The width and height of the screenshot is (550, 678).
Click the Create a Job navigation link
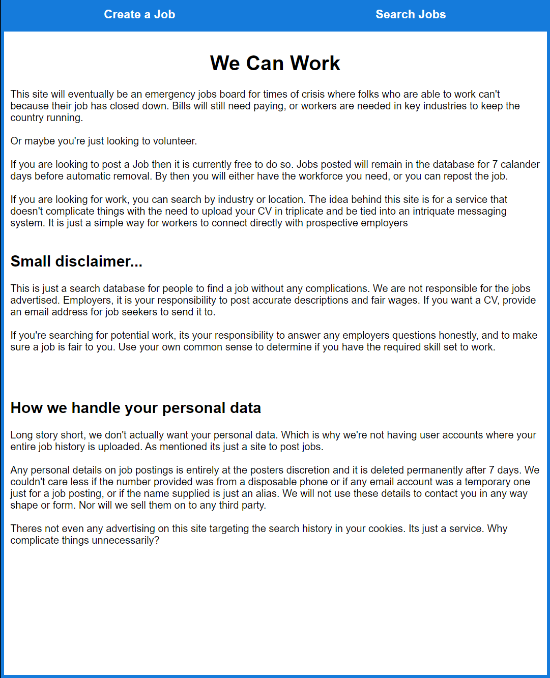(139, 14)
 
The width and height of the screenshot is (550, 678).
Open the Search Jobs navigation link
(411, 14)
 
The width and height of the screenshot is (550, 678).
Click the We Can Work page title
(275, 63)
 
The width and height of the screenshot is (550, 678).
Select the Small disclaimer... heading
(76, 261)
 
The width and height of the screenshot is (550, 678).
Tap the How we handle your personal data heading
(136, 408)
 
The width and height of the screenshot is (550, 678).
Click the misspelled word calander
(520, 164)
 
